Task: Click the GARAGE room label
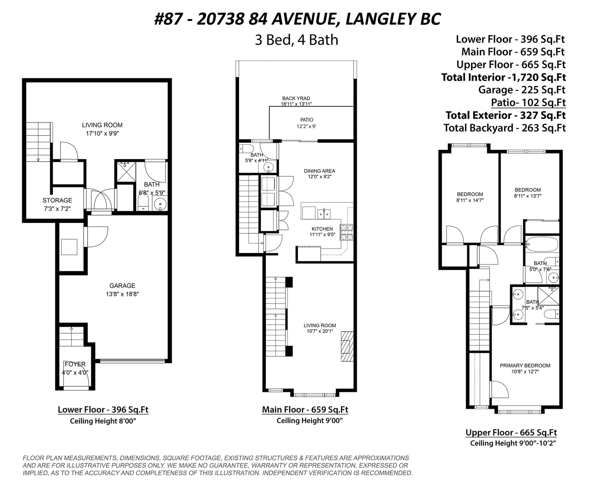coord(122,286)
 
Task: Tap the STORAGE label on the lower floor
coord(57,200)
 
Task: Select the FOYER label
coord(75,364)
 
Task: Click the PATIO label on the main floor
coord(307,120)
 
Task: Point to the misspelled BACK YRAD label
coord(296,99)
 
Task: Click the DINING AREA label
coord(320,171)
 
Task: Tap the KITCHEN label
coord(322,229)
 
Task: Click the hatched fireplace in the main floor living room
coord(347,347)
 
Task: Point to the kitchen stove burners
coord(347,232)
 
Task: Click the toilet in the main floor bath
coord(246,149)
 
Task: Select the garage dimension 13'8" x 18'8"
coord(122,294)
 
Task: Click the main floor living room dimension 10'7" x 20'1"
coord(320,331)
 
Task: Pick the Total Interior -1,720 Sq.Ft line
coord(503,77)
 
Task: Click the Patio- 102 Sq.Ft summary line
coord(528,102)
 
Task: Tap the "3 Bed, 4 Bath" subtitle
coord(297,40)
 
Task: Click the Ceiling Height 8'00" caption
coord(103,421)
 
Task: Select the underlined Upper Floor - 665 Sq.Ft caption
coord(511,432)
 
